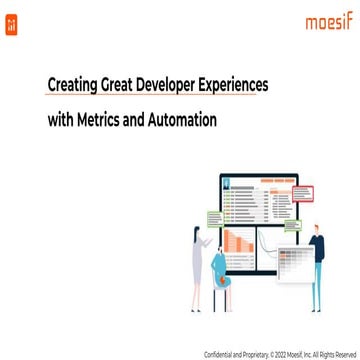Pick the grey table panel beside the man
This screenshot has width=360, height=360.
293,263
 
